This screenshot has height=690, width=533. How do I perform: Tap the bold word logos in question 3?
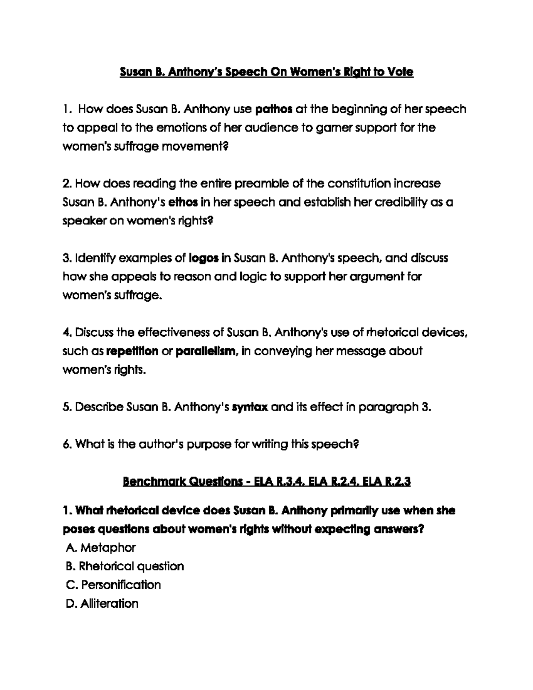pyautogui.click(x=204, y=258)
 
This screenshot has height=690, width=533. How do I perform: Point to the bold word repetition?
pyautogui.click(x=132, y=351)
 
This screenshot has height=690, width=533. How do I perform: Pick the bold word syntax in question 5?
pyautogui.click(x=250, y=407)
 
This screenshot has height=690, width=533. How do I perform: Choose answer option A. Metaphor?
pyautogui.click(x=100, y=548)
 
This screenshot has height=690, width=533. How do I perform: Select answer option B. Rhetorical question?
pyautogui.click(x=124, y=566)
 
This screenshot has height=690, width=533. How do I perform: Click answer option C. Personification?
pyautogui.click(x=113, y=585)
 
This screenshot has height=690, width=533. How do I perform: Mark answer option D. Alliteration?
pyautogui.click(x=102, y=604)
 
